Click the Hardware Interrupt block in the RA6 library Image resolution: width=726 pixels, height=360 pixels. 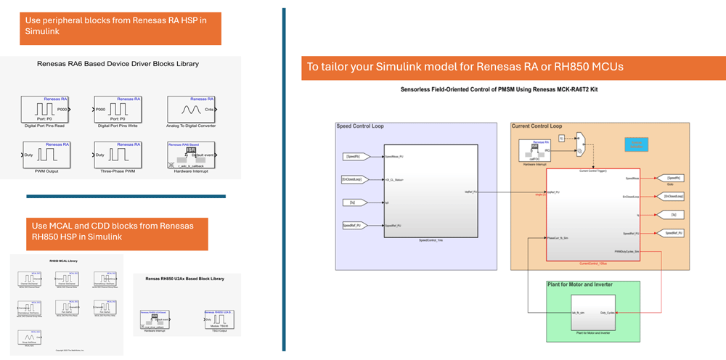pyautogui.click(x=190, y=155)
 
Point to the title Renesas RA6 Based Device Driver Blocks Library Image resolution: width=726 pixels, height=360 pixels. pyautogui.click(x=118, y=64)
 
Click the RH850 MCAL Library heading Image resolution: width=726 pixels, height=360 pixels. pyautogui.click(x=63, y=261)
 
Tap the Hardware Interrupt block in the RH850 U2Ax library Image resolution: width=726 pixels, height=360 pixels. pyautogui.click(x=158, y=319)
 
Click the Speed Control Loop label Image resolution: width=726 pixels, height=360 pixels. pyautogui.click(x=360, y=126)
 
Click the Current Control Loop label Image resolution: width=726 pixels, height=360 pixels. pyautogui.click(x=537, y=126)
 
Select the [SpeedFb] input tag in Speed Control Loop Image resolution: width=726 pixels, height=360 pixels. pyautogui.click(x=355, y=156)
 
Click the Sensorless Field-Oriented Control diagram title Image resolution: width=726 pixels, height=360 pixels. pyautogui.click(x=504, y=89)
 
